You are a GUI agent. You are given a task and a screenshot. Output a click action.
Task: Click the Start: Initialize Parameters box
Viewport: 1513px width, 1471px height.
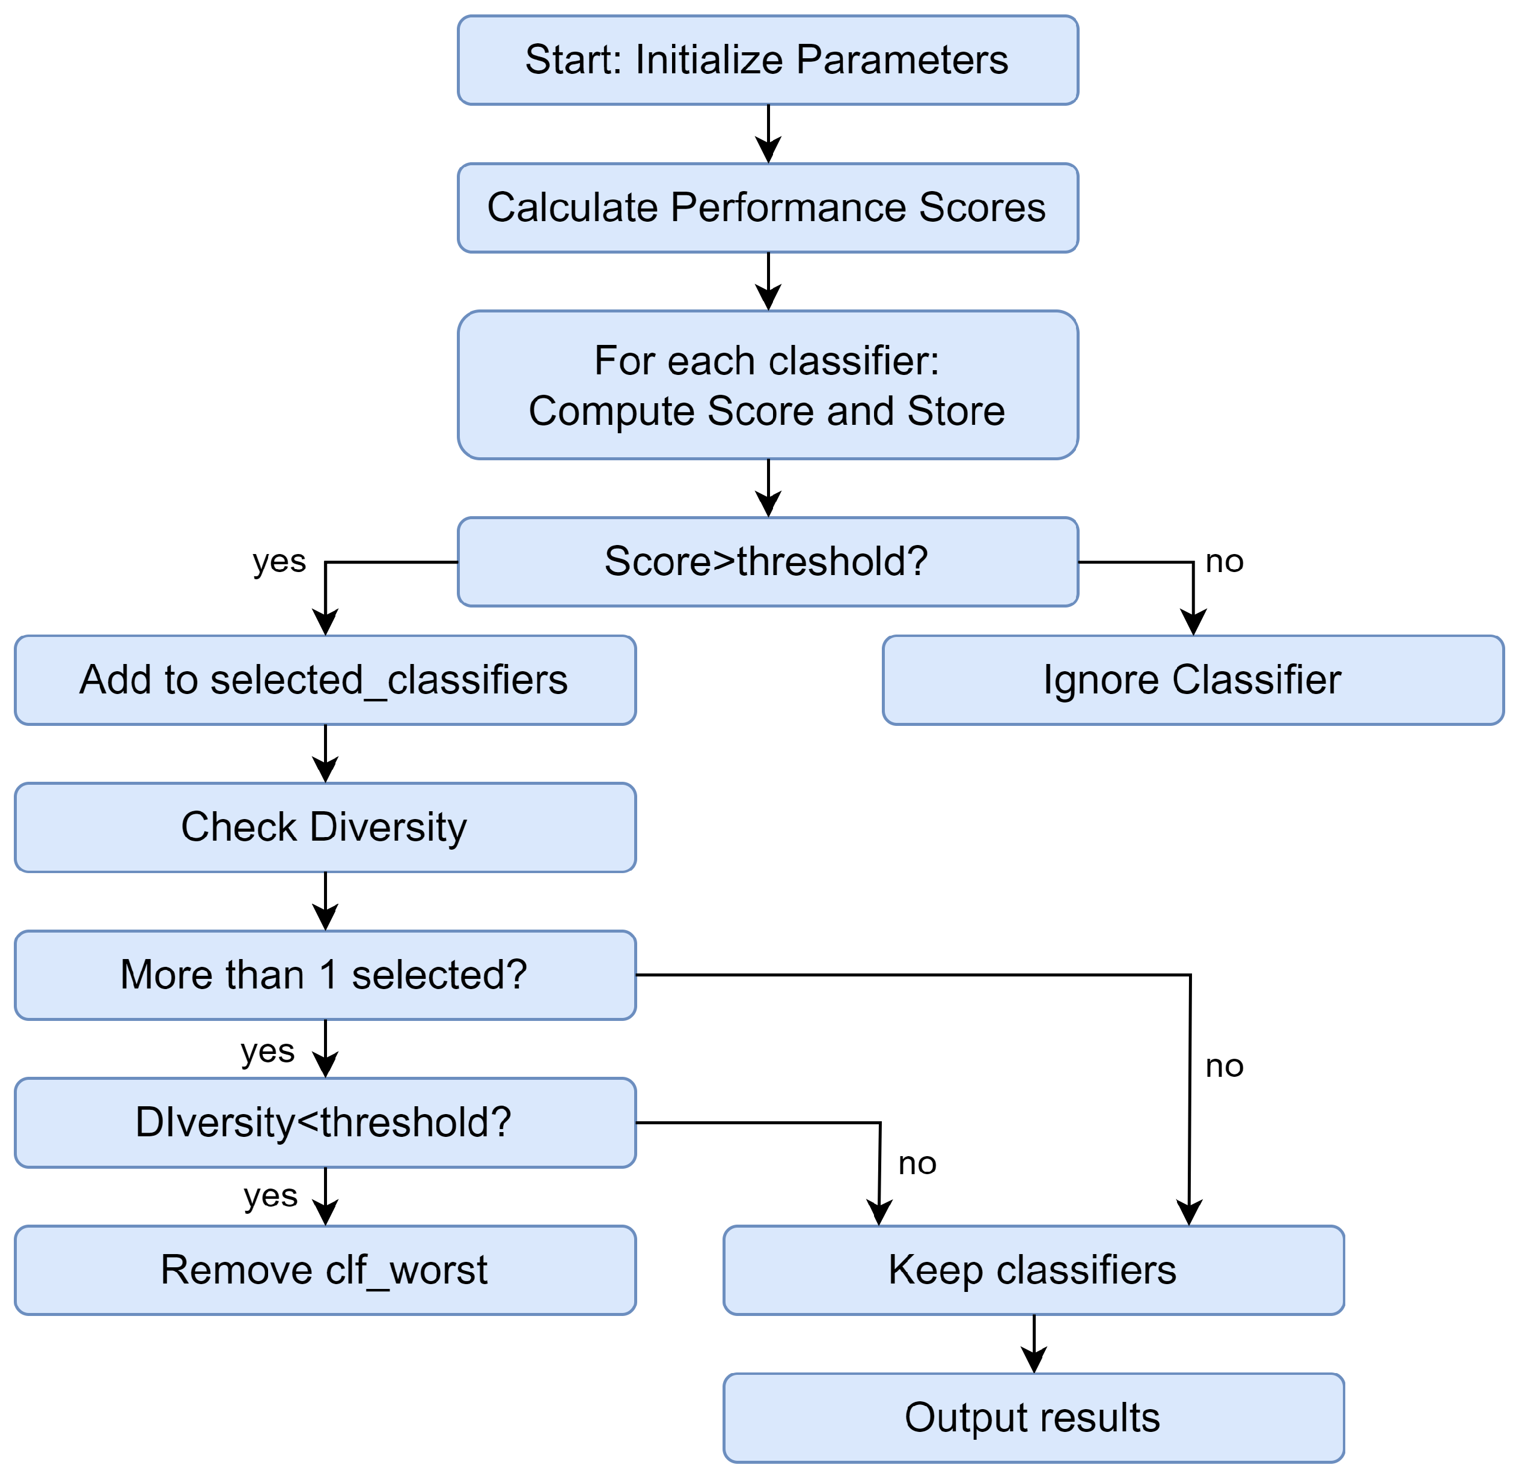(767, 60)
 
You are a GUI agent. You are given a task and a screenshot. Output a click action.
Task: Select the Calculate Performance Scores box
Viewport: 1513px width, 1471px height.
(767, 208)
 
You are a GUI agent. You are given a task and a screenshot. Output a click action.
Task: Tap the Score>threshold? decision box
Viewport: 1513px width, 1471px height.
(767, 562)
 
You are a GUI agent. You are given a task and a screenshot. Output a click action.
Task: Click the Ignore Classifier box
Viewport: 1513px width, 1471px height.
(1193, 680)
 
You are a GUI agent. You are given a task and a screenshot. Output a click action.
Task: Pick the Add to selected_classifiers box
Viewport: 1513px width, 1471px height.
(325, 680)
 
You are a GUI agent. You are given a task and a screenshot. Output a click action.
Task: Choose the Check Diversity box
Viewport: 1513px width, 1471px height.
(325, 827)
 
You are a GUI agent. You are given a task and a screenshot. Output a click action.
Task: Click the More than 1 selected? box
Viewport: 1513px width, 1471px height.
(325, 975)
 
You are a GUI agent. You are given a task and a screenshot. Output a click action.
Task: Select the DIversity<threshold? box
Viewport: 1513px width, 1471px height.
(325, 1122)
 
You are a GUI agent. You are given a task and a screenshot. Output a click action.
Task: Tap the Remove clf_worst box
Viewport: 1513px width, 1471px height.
(325, 1270)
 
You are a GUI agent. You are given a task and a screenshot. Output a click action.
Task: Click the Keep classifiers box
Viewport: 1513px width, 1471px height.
(1033, 1270)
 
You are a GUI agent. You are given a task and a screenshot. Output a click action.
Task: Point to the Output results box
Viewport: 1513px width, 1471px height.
(1033, 1418)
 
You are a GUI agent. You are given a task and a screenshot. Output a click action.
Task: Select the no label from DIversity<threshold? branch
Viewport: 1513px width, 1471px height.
(917, 1163)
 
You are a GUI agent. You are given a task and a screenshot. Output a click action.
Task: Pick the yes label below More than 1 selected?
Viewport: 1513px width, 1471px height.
(267, 1052)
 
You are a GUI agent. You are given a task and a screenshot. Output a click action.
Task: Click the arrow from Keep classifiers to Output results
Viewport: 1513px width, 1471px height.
(1034, 1344)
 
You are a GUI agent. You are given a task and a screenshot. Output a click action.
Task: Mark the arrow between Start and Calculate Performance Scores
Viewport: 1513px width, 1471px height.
(768, 133)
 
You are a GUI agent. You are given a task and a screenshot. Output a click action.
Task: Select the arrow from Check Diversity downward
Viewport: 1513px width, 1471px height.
(325, 901)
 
